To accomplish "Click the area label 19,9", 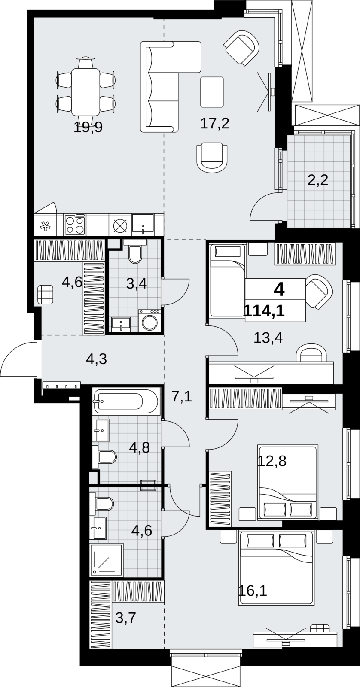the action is coord(88,127).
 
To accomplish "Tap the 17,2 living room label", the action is coord(215,124).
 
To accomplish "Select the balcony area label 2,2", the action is coord(318,180).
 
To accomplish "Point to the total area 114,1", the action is coord(264,311).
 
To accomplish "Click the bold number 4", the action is coord(279,290).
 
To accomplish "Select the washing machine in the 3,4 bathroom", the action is coord(149,320).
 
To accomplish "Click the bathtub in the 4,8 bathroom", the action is coord(126,401).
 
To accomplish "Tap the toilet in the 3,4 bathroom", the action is coord(135,251).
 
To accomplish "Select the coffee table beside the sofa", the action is coord(212,92).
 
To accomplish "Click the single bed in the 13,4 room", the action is coord(227,280).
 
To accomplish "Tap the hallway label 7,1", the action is coord(182,398).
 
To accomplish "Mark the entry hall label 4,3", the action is coord(97,359).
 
